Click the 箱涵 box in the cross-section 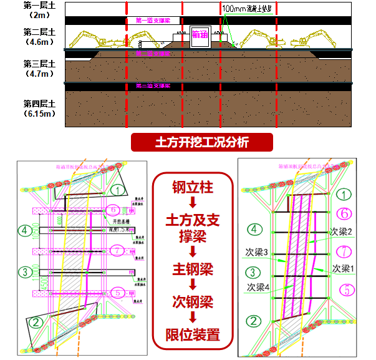tap(200, 36)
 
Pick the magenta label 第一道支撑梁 tap(153, 21)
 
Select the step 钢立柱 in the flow tap(193, 187)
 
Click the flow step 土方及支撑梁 tap(193, 228)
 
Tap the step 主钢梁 tap(193, 270)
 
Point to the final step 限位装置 tap(193, 334)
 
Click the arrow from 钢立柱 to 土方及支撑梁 tap(193, 202)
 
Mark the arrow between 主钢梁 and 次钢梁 tap(193, 286)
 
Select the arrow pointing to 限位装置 tap(193, 318)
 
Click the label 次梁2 tap(340, 231)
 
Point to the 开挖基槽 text tap(121, 221)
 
